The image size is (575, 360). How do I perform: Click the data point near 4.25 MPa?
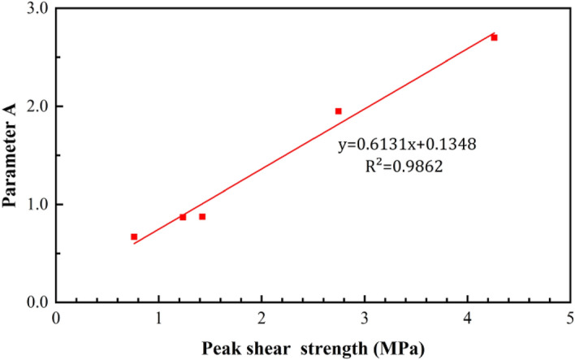[x=494, y=37]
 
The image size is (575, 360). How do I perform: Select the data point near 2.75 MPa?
[x=339, y=111]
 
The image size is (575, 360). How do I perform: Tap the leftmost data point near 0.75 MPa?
[x=134, y=236]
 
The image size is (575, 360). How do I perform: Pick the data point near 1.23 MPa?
[x=183, y=217]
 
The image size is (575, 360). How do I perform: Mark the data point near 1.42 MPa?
[x=202, y=217]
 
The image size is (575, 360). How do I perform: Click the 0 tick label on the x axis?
[x=56, y=318]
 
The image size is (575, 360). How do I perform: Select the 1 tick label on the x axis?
[x=159, y=318]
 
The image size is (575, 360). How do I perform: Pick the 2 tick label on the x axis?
[x=262, y=318]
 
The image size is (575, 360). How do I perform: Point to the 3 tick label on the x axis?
[x=365, y=318]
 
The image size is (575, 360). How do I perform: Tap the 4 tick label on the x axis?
[x=468, y=318]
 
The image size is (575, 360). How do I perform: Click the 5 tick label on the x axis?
[x=570, y=318]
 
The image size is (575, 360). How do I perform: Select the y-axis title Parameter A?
[x=11, y=155]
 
